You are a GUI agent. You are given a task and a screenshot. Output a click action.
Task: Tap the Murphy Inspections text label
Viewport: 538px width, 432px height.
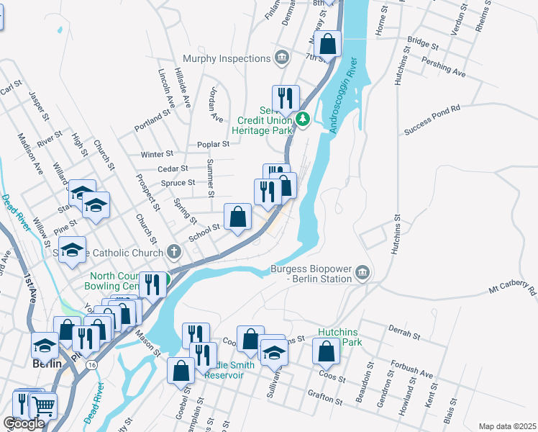225,58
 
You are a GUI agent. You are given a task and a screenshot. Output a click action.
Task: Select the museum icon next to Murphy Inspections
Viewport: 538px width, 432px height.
282,57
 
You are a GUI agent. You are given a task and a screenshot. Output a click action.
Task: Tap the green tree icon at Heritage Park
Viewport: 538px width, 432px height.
304,119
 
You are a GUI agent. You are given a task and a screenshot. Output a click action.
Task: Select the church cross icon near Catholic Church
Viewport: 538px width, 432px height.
173,252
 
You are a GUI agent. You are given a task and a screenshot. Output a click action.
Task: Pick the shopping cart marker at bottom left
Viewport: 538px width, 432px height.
44,407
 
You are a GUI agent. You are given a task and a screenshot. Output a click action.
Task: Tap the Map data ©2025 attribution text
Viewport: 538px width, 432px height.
507,426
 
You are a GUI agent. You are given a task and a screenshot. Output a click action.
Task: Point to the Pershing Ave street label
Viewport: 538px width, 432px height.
444,70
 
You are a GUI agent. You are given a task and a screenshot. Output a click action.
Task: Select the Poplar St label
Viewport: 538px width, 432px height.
214,144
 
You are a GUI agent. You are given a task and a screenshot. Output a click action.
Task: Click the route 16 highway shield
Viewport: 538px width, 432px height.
91,366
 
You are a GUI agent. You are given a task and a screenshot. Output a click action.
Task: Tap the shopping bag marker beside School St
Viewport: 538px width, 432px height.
237,216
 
